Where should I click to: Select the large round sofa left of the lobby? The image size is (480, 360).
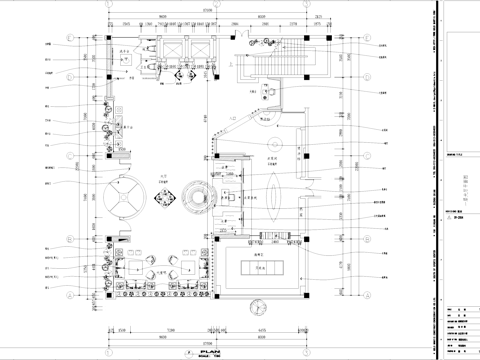click(x=124, y=197)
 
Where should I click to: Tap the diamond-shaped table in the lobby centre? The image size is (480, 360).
click(x=166, y=194)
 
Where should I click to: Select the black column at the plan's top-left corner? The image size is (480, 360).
click(x=108, y=37)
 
